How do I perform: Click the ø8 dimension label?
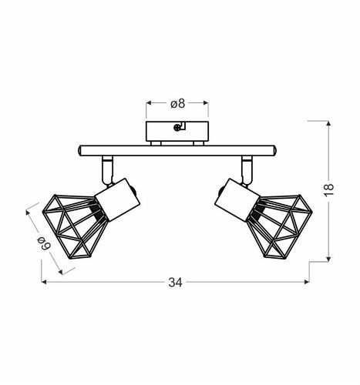tap(177, 104)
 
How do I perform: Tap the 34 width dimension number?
tap(176, 283)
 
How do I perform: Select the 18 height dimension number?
tap(328, 190)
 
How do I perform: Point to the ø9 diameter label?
tap(44, 243)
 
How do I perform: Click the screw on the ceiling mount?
tap(177, 128)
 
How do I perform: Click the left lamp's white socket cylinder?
tap(117, 199)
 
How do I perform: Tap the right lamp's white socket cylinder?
tap(237, 199)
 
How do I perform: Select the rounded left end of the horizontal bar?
tap(80, 151)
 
